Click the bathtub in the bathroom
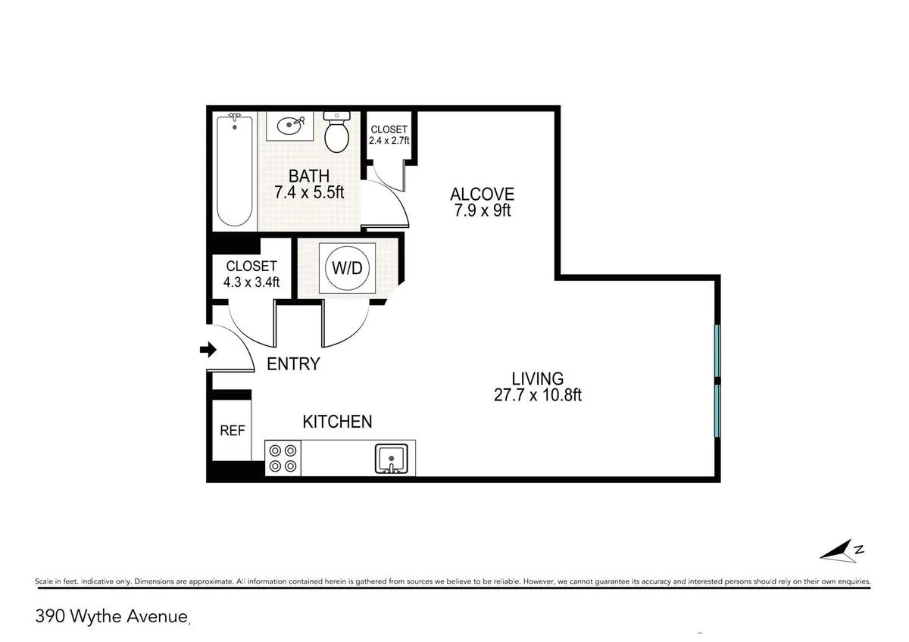[233, 170]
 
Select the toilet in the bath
[336, 133]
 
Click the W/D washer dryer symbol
[346, 268]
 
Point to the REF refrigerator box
[232, 430]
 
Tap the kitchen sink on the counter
[392, 460]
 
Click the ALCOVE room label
[483, 195]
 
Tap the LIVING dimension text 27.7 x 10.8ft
[536, 394]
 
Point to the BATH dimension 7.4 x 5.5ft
[309, 192]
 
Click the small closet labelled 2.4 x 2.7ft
[389, 140]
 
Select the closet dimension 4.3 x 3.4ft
[251, 282]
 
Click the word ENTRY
[294, 364]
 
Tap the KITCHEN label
[337, 422]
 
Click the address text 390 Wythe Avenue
[111, 617]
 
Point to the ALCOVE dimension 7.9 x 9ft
[483, 210]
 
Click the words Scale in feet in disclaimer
[56, 581]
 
